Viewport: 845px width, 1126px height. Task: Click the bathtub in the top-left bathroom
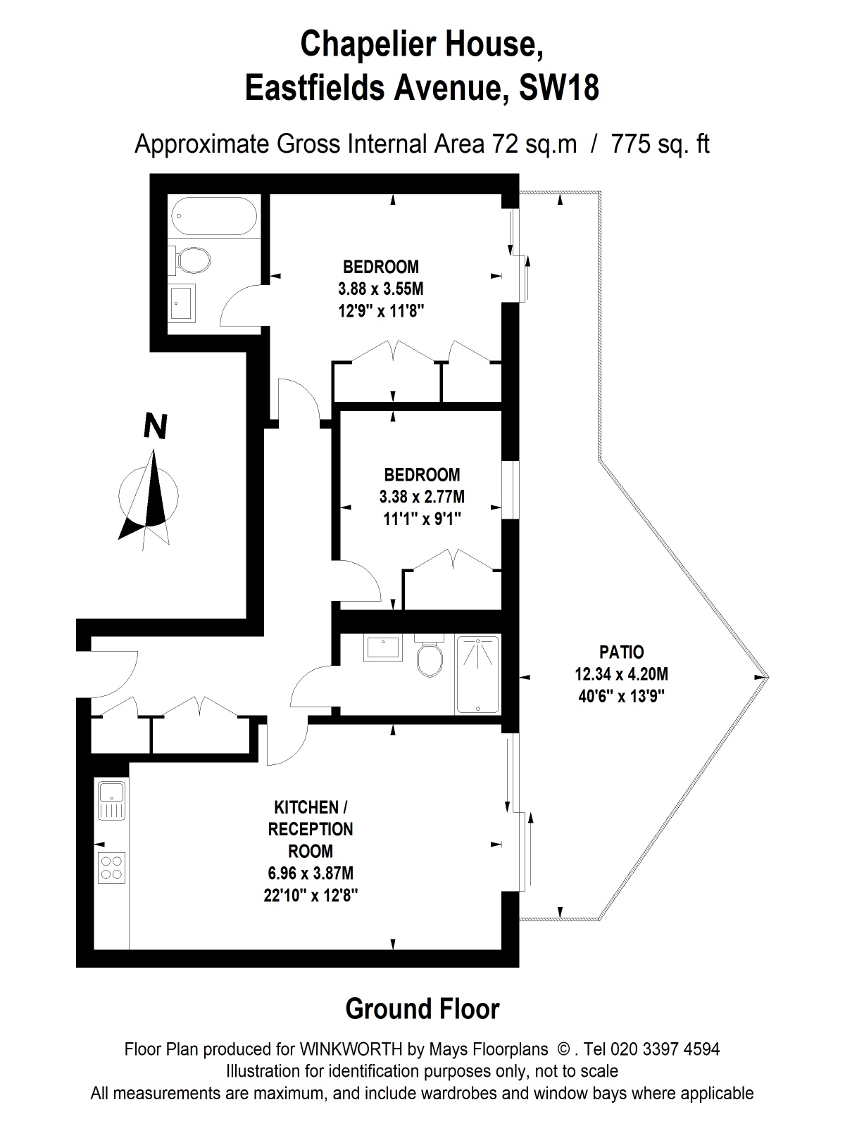214,216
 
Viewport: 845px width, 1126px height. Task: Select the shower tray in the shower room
477,674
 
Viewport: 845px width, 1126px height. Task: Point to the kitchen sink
111,800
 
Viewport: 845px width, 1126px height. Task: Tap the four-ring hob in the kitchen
111,867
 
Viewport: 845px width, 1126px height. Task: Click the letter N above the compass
155,426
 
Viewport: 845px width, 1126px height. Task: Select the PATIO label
621,652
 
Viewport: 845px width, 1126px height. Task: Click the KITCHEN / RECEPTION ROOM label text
311,828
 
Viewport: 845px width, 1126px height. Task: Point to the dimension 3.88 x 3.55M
381,289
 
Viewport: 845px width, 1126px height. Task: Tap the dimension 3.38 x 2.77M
422,497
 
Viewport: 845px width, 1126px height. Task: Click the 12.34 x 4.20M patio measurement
621,674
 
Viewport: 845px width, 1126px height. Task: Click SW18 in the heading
558,89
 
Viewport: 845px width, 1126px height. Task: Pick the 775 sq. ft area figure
660,144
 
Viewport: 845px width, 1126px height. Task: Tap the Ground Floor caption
423,1008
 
